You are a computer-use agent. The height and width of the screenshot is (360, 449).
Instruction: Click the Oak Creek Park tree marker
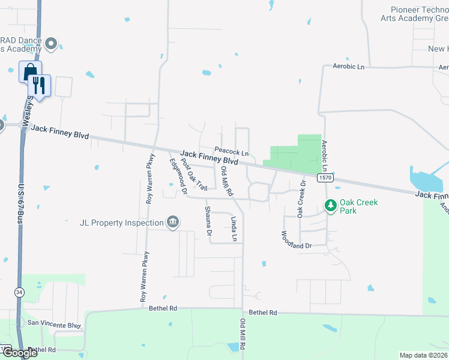coord(330,206)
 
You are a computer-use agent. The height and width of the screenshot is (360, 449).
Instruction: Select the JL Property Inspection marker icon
coord(172,223)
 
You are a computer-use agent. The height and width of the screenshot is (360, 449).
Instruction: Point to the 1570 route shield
coord(325,178)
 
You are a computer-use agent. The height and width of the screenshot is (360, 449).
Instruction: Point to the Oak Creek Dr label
coord(301,202)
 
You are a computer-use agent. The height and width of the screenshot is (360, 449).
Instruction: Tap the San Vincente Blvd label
coord(54,325)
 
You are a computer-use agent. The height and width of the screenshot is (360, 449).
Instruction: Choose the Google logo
coord(20,353)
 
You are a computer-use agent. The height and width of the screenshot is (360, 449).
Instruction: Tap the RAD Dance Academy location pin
coord(52,44)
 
